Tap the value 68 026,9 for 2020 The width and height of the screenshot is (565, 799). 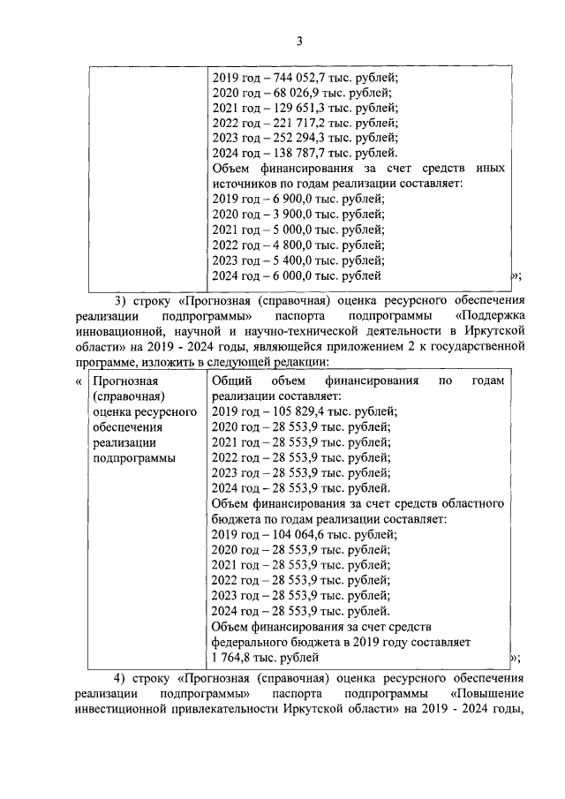(x=296, y=94)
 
